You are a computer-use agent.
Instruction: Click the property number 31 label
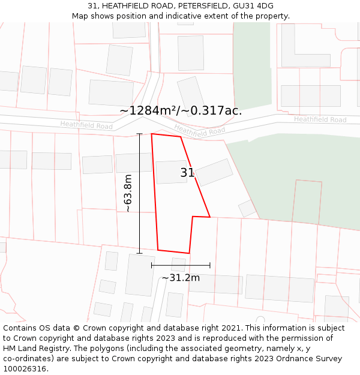pyautogui.click(x=187, y=173)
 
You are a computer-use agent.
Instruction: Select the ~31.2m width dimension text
pyautogui.click(x=181, y=278)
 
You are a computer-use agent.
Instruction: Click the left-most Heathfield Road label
pyautogui.click(x=86, y=125)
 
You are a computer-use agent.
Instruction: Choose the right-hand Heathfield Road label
pyautogui.click(x=320, y=120)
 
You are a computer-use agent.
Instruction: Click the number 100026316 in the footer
pyautogui.click(x=25, y=368)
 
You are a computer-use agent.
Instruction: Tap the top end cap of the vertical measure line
pyautogui.click(x=140, y=133)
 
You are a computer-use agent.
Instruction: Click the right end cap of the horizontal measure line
pyautogui.click(x=210, y=265)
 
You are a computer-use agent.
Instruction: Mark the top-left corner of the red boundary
pyautogui.click(x=151, y=134)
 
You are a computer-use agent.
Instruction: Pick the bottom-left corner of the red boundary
pyautogui.click(x=158, y=250)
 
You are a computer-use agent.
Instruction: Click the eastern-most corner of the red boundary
pyautogui.click(x=210, y=217)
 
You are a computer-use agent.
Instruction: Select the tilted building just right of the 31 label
pyautogui.click(x=214, y=172)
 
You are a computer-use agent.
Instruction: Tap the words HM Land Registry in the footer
pyautogui.click(x=31, y=348)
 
